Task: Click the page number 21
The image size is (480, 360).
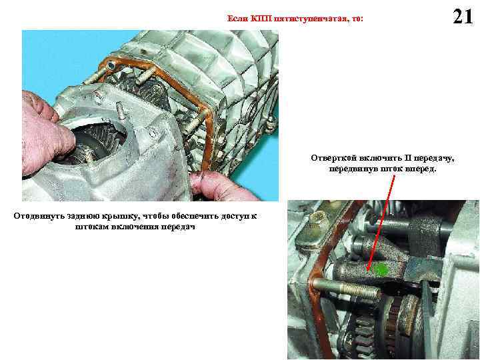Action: click(x=463, y=17)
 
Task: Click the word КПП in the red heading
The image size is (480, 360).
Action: click(x=261, y=19)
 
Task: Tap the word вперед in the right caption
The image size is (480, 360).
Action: click(x=420, y=169)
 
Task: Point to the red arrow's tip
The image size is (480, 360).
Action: click(x=368, y=271)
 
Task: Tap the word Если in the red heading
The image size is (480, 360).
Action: click(x=237, y=19)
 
